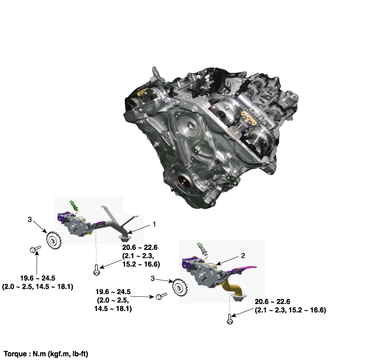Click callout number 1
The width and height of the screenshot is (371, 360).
[154, 224]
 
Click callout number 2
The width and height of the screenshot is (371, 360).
[243, 256]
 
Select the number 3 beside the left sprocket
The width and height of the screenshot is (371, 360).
[30, 220]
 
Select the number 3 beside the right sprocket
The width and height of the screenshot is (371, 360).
[153, 279]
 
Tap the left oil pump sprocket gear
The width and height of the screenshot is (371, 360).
[54, 239]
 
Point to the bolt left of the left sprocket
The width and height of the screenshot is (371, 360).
[35, 249]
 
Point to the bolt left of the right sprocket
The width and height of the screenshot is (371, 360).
[161, 296]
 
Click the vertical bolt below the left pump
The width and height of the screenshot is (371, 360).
[96, 270]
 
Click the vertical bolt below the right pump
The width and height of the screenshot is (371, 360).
[229, 319]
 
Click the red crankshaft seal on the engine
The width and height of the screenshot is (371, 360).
[184, 182]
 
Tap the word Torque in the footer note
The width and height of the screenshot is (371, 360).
[15, 354]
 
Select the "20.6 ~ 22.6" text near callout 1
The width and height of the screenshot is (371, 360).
[140, 248]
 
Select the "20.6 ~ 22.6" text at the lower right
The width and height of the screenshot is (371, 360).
[272, 301]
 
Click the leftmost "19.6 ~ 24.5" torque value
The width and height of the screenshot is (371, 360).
[37, 278]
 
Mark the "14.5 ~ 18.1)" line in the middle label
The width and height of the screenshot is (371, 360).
[113, 309]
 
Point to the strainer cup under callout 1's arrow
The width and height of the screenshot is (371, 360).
[125, 238]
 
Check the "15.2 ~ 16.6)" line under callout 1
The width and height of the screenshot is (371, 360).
[141, 264]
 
